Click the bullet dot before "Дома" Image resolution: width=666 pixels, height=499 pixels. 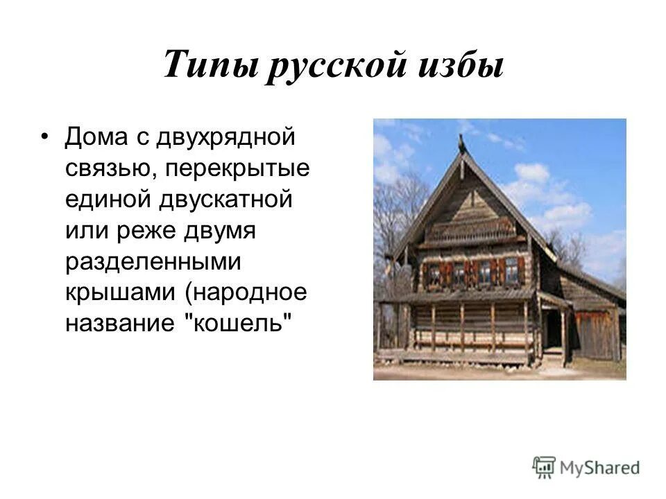coord(46,135)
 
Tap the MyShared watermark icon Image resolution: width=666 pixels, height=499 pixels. coord(543,466)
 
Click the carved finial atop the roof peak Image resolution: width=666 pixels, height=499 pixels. coord(461,143)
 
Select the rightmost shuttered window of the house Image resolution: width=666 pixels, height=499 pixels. coord(511,271)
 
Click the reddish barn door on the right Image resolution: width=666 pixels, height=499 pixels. coord(595,335)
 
